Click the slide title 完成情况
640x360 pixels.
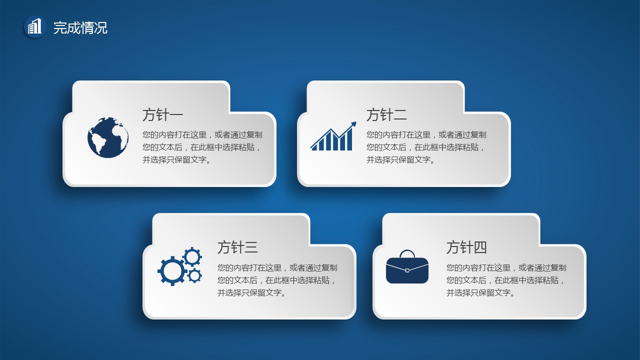click(x=80, y=27)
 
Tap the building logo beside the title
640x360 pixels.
click(x=35, y=26)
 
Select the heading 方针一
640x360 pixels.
click(x=162, y=115)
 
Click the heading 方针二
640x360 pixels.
click(x=386, y=115)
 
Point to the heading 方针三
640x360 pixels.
click(x=237, y=247)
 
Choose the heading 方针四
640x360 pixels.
click(x=466, y=247)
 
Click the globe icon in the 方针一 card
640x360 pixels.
click(x=108, y=137)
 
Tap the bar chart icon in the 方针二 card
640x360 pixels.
click(x=333, y=136)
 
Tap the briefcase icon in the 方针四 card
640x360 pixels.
click(x=407, y=267)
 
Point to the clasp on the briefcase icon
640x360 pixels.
click(x=407, y=270)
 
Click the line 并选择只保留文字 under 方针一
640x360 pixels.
click(x=177, y=159)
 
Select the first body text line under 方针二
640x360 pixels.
click(x=426, y=134)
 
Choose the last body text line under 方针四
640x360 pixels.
click(x=481, y=292)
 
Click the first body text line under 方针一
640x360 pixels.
click(x=202, y=134)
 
